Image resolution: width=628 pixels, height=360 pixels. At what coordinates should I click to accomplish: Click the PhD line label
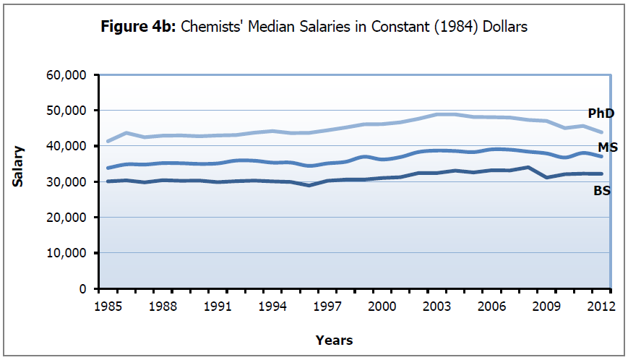tap(600, 113)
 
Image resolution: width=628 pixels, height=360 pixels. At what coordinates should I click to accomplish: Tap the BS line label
tap(601, 190)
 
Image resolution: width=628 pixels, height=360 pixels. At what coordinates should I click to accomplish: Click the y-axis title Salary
tap(18, 167)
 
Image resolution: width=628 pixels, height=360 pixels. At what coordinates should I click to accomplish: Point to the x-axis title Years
tap(334, 340)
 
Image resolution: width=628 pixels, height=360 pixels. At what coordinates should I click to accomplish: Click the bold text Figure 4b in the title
tap(138, 27)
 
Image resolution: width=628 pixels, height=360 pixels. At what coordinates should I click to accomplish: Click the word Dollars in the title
tap(505, 27)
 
